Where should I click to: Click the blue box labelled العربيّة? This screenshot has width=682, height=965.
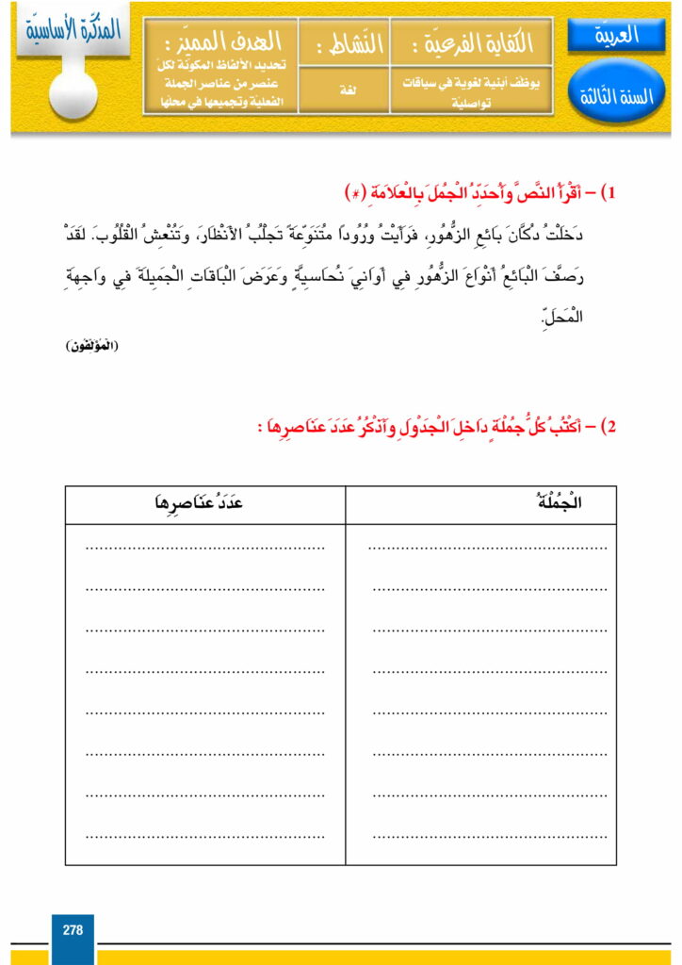[x=616, y=37]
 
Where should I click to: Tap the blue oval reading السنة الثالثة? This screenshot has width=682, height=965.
[x=616, y=95]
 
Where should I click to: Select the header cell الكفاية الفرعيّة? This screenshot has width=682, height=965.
[x=471, y=42]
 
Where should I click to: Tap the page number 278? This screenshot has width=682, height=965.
[x=73, y=929]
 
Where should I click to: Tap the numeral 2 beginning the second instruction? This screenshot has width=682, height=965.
[x=609, y=427]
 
